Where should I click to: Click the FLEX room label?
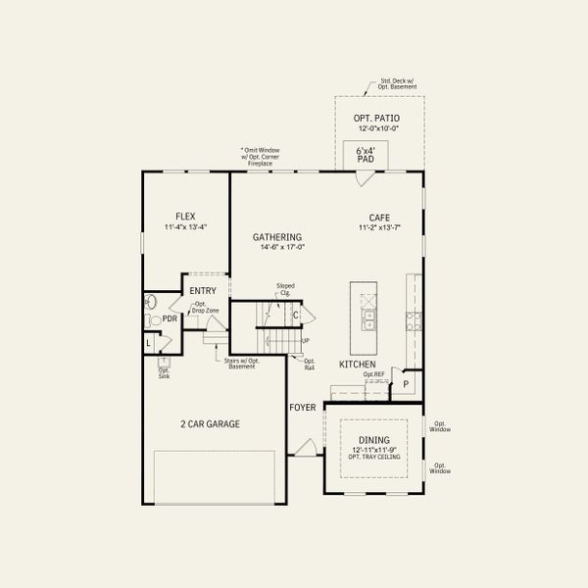[184, 216]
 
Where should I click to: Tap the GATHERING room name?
[277, 236]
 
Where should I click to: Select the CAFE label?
[380, 218]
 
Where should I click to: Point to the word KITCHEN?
[357, 364]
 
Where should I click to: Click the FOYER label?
[302, 407]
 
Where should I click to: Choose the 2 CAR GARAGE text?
[209, 424]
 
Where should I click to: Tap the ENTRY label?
[203, 291]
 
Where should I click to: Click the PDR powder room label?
[170, 318]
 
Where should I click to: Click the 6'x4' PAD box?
[367, 153]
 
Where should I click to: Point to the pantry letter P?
[406, 385]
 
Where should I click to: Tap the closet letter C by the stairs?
[295, 316]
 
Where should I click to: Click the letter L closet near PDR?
[149, 343]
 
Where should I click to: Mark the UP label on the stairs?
[305, 340]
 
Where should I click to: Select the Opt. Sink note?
[164, 372]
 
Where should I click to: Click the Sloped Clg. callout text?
[285, 289]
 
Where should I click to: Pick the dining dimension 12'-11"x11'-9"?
[373, 450]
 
